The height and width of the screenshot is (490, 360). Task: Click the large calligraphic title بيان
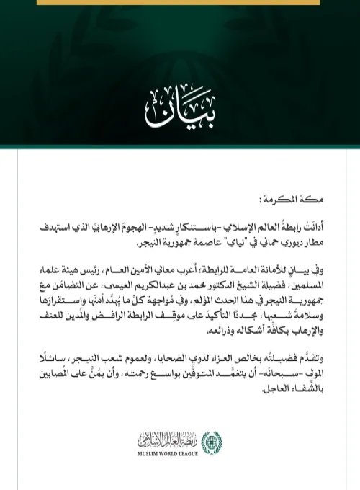coord(179,107)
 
